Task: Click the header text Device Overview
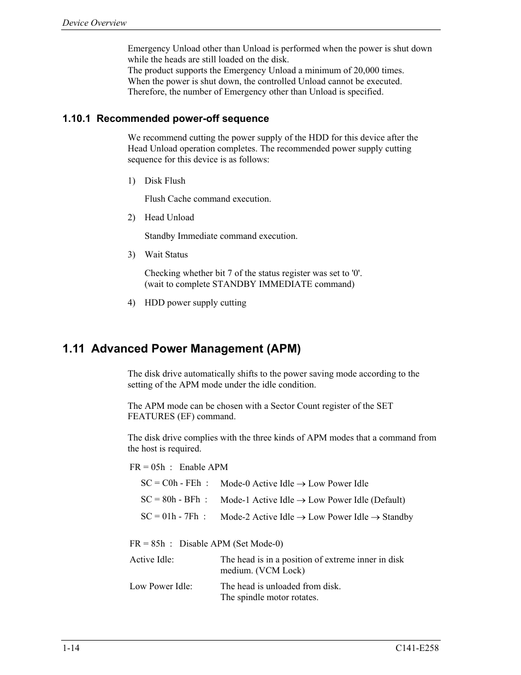click(x=94, y=22)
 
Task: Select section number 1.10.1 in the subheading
click(x=78, y=119)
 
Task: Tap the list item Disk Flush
click(x=164, y=181)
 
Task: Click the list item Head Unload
click(x=169, y=218)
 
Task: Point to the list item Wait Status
click(x=166, y=255)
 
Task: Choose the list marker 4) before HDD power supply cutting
click(x=131, y=303)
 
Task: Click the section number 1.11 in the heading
click(x=74, y=349)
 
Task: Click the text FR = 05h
click(x=147, y=467)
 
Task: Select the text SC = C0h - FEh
click(x=170, y=483)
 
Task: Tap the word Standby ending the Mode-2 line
click(x=398, y=517)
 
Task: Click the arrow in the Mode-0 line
click(x=301, y=484)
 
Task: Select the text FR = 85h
click(x=147, y=544)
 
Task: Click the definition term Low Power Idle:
click(x=161, y=586)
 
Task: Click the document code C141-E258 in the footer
click(x=417, y=648)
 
